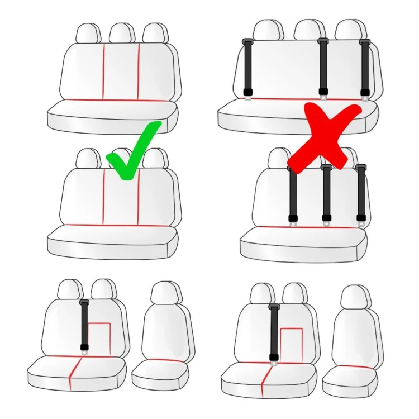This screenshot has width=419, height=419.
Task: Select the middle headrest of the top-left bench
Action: coord(122,34)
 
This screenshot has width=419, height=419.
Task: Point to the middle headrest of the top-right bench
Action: coord(309,30)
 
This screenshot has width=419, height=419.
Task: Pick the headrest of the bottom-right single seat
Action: coord(355,298)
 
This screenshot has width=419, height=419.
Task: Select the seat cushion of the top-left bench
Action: coord(112,115)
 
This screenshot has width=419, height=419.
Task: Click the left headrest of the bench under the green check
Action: coord(88,159)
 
